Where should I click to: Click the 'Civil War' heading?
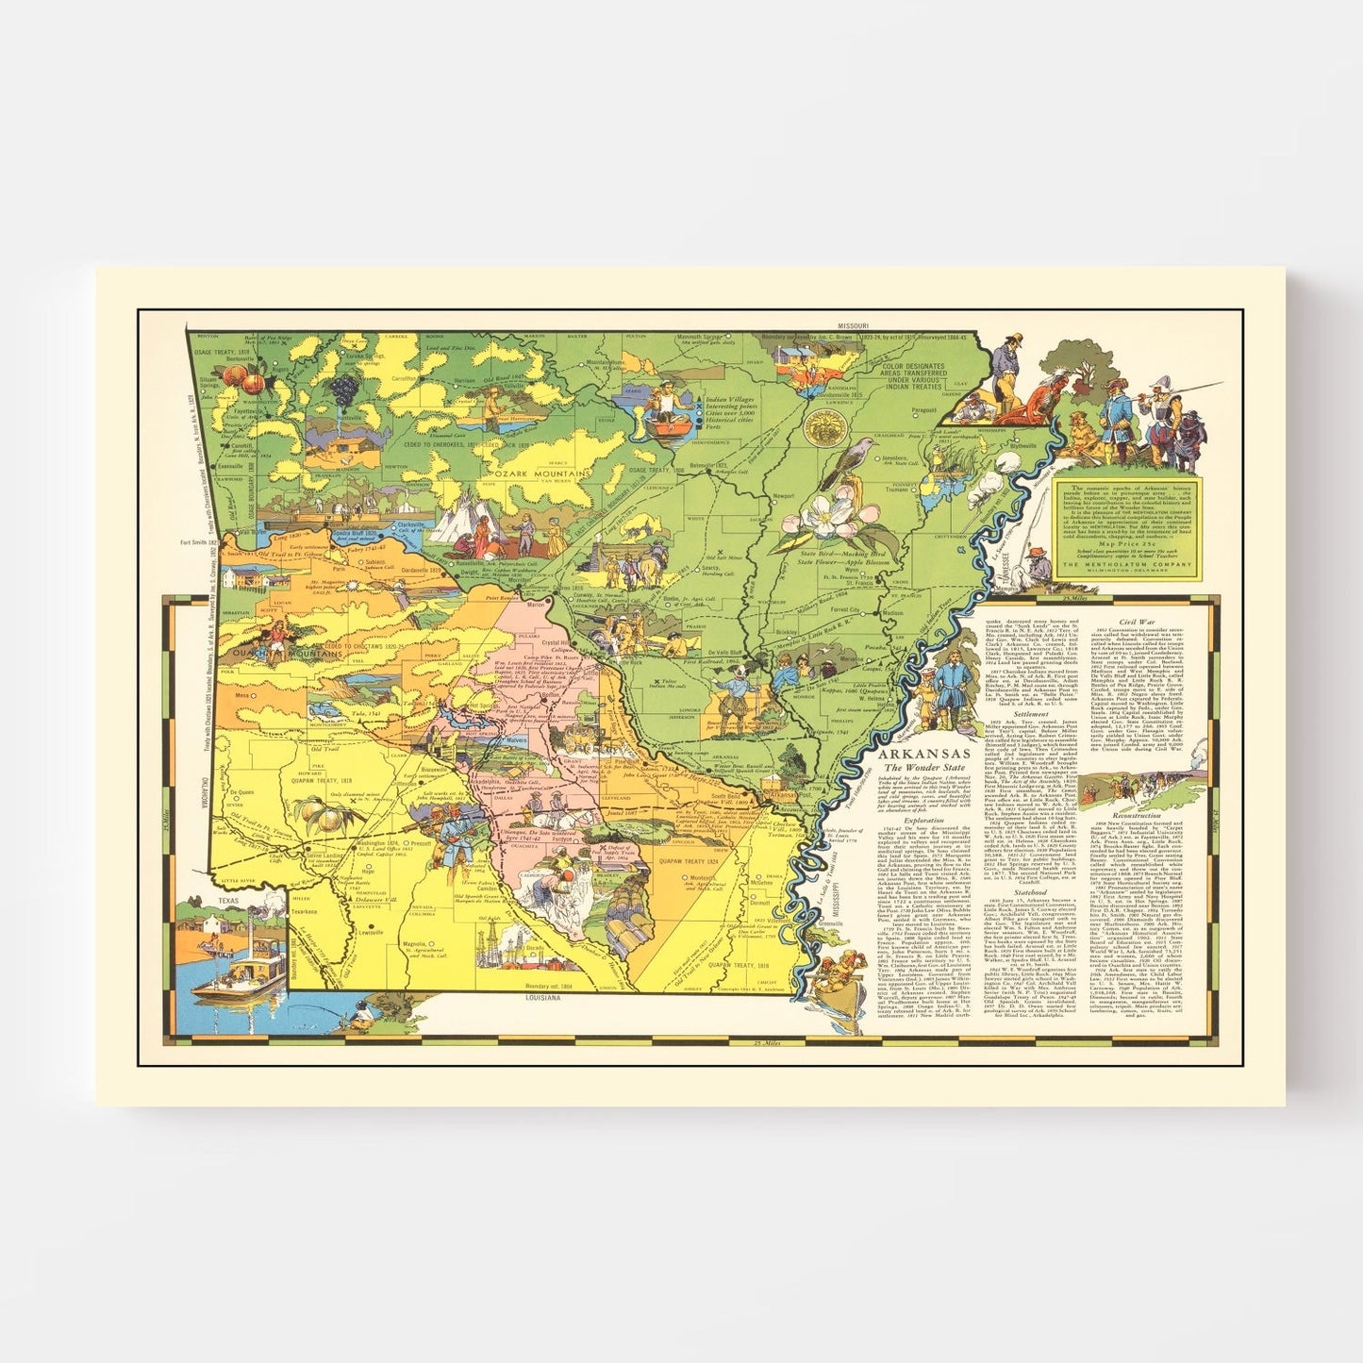point(1136,622)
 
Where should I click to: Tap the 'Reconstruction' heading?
point(1136,815)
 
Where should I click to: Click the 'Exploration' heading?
point(923,821)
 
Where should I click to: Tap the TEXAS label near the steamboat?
point(229,901)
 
